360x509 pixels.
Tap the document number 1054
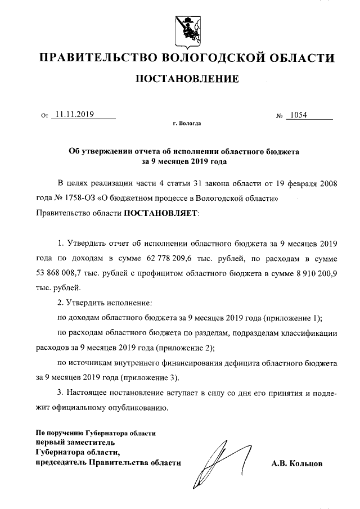(297, 115)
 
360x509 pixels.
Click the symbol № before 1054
(280, 116)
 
